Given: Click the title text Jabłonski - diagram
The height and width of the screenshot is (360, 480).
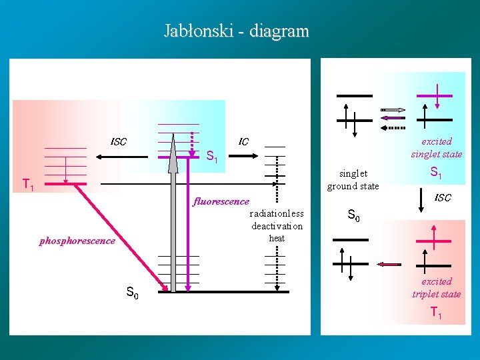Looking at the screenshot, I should pos(237,31).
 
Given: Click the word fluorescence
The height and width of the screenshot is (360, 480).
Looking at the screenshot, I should pos(221,201).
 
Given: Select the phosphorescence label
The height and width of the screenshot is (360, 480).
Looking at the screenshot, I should pos(77,241).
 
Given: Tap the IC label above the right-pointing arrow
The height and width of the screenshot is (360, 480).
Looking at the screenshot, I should pos(243,141).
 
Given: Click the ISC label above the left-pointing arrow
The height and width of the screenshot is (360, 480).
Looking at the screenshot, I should pos(118,141).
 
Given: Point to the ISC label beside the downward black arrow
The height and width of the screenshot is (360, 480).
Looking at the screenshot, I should pos(443,197).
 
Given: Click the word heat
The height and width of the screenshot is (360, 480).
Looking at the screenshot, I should pos(277,238).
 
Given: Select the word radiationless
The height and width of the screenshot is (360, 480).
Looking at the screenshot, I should pos(277,213).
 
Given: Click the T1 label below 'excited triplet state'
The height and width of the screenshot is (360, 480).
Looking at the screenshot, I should pos(437,313).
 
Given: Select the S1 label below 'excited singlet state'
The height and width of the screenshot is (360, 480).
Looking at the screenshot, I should pos(436,173).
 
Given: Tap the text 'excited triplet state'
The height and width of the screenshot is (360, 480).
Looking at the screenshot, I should pos(437,287).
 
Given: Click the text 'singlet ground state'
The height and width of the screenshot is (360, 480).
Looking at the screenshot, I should pos(353,179).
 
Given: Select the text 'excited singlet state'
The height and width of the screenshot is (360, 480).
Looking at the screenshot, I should pos(437,147).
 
